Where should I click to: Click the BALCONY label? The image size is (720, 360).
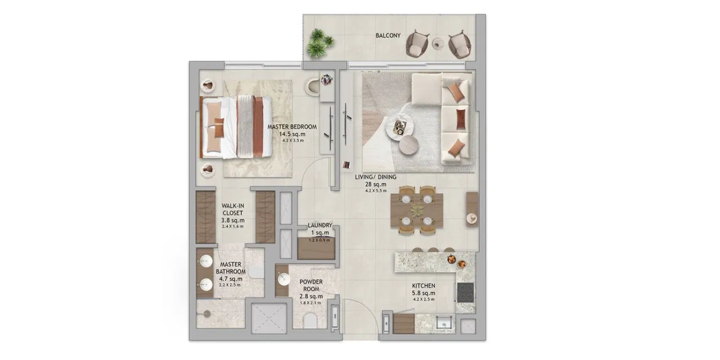tap(388, 35)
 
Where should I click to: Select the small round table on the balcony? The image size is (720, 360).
tap(438, 42)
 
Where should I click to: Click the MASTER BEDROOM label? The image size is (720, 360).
tap(292, 127)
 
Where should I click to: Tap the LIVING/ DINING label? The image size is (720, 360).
tap(376, 177)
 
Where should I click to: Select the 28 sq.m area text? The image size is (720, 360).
tap(376, 184)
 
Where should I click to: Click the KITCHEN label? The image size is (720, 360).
tap(424, 286)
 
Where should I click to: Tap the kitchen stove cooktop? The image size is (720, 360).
tap(466, 292)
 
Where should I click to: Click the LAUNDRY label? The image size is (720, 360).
tap(320, 226)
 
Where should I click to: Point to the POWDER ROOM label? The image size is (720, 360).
tap(310, 285)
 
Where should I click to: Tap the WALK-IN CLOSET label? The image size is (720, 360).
tap(232, 209)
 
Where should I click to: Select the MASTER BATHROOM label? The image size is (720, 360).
tap(231, 268)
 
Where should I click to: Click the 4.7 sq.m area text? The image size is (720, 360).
tap(231, 278)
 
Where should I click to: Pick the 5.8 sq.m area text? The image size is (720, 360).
tap(424, 293)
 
